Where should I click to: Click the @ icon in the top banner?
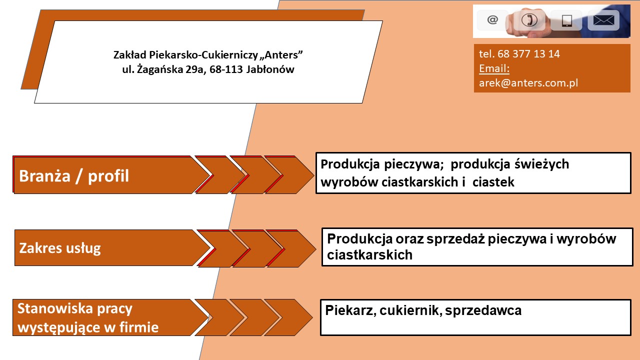[x=492, y=20]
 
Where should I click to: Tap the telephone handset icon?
[x=529, y=20]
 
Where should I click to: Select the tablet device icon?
[x=566, y=21]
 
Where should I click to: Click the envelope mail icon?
[x=603, y=20]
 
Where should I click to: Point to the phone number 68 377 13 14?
[x=528, y=53]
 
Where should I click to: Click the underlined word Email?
[x=494, y=68]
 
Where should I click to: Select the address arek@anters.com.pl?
[x=528, y=83]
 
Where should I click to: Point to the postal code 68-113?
[x=226, y=69]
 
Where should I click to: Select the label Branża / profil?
[x=74, y=175]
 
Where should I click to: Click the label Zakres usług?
[x=60, y=248]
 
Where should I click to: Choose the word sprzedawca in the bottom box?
[x=483, y=310]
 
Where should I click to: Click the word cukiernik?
[x=411, y=310]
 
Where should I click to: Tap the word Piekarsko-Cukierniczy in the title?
[x=203, y=55]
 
